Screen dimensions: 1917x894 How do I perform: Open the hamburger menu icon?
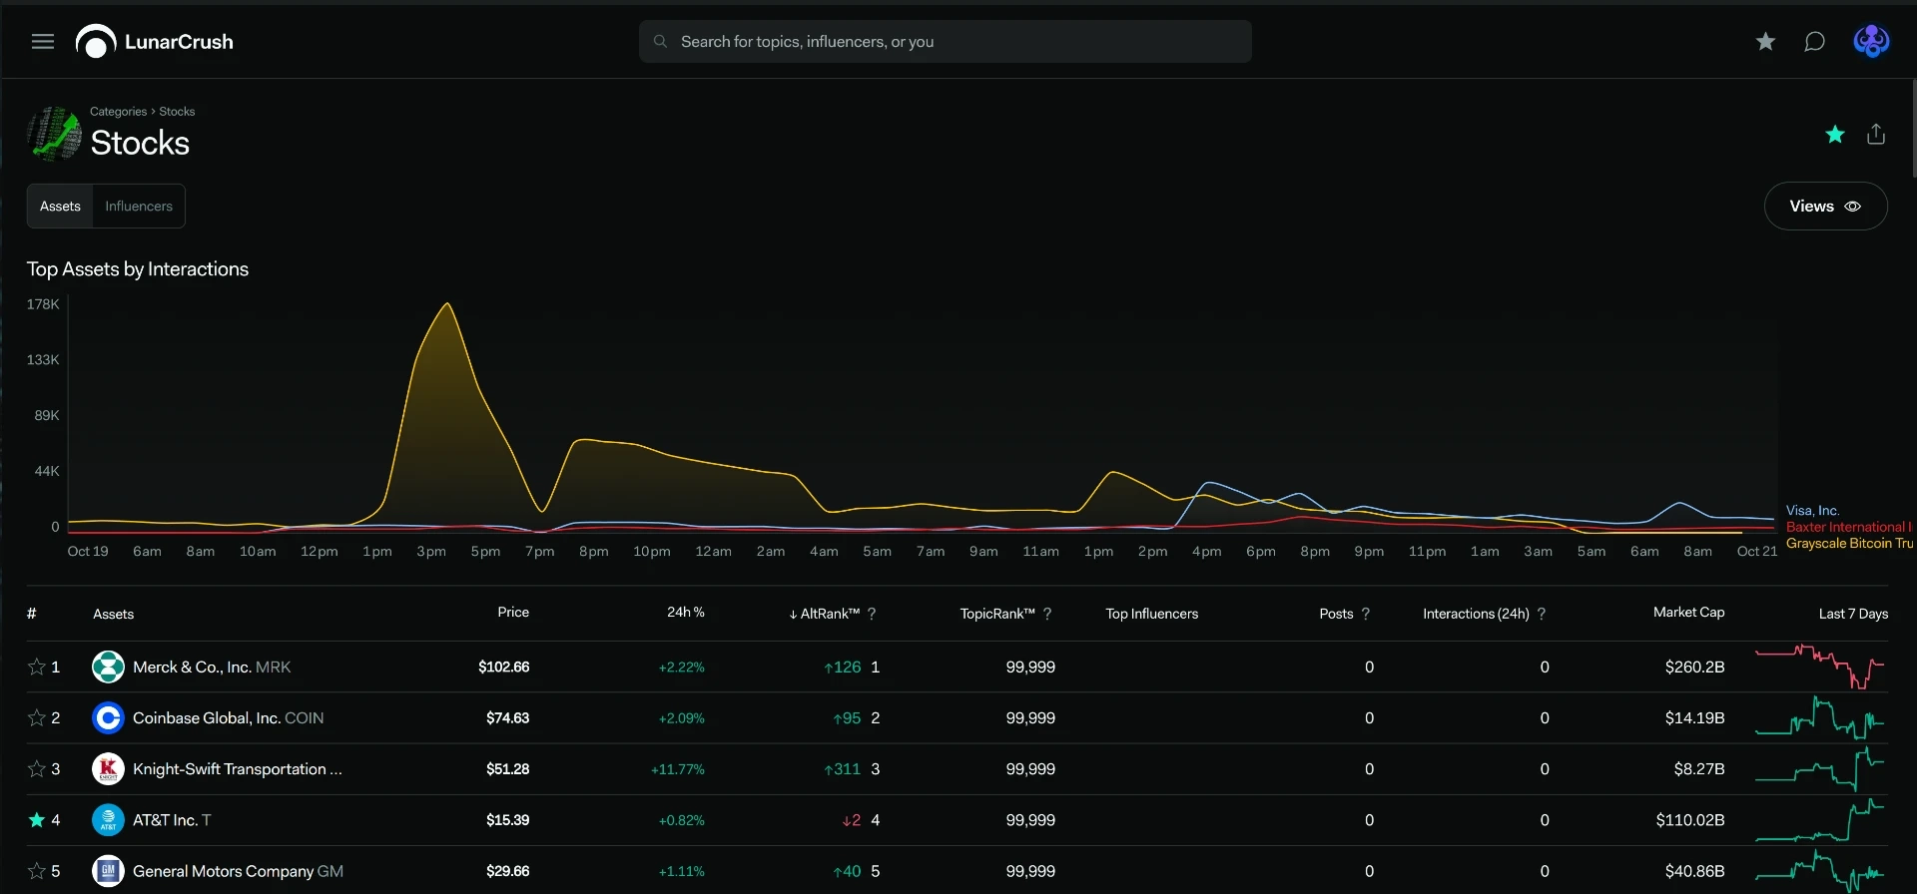(43, 42)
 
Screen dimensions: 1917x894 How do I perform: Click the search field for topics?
(945, 42)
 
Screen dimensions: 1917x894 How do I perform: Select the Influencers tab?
(139, 207)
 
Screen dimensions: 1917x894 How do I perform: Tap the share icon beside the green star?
(1876, 134)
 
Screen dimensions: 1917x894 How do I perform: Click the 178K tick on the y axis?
(43, 304)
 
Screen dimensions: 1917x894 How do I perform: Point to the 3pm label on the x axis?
(431, 552)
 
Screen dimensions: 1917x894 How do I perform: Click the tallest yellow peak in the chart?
(447, 303)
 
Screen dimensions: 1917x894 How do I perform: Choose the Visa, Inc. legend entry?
(1812, 511)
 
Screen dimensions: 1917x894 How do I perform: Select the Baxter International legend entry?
(1848, 527)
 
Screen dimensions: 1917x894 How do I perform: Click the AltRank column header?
(830, 614)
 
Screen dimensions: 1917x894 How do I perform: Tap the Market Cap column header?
(1688, 613)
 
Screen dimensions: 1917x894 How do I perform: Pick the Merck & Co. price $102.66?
(504, 667)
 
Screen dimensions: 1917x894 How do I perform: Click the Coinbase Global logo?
(108, 717)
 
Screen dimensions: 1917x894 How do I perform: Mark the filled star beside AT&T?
(37, 820)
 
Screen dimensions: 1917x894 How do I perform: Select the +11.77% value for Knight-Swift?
(678, 769)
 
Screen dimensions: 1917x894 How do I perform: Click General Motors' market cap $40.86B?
(1694, 871)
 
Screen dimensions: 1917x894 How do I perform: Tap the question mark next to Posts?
(1366, 614)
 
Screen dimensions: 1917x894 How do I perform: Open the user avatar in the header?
(1871, 42)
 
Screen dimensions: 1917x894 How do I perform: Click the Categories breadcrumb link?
(118, 112)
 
